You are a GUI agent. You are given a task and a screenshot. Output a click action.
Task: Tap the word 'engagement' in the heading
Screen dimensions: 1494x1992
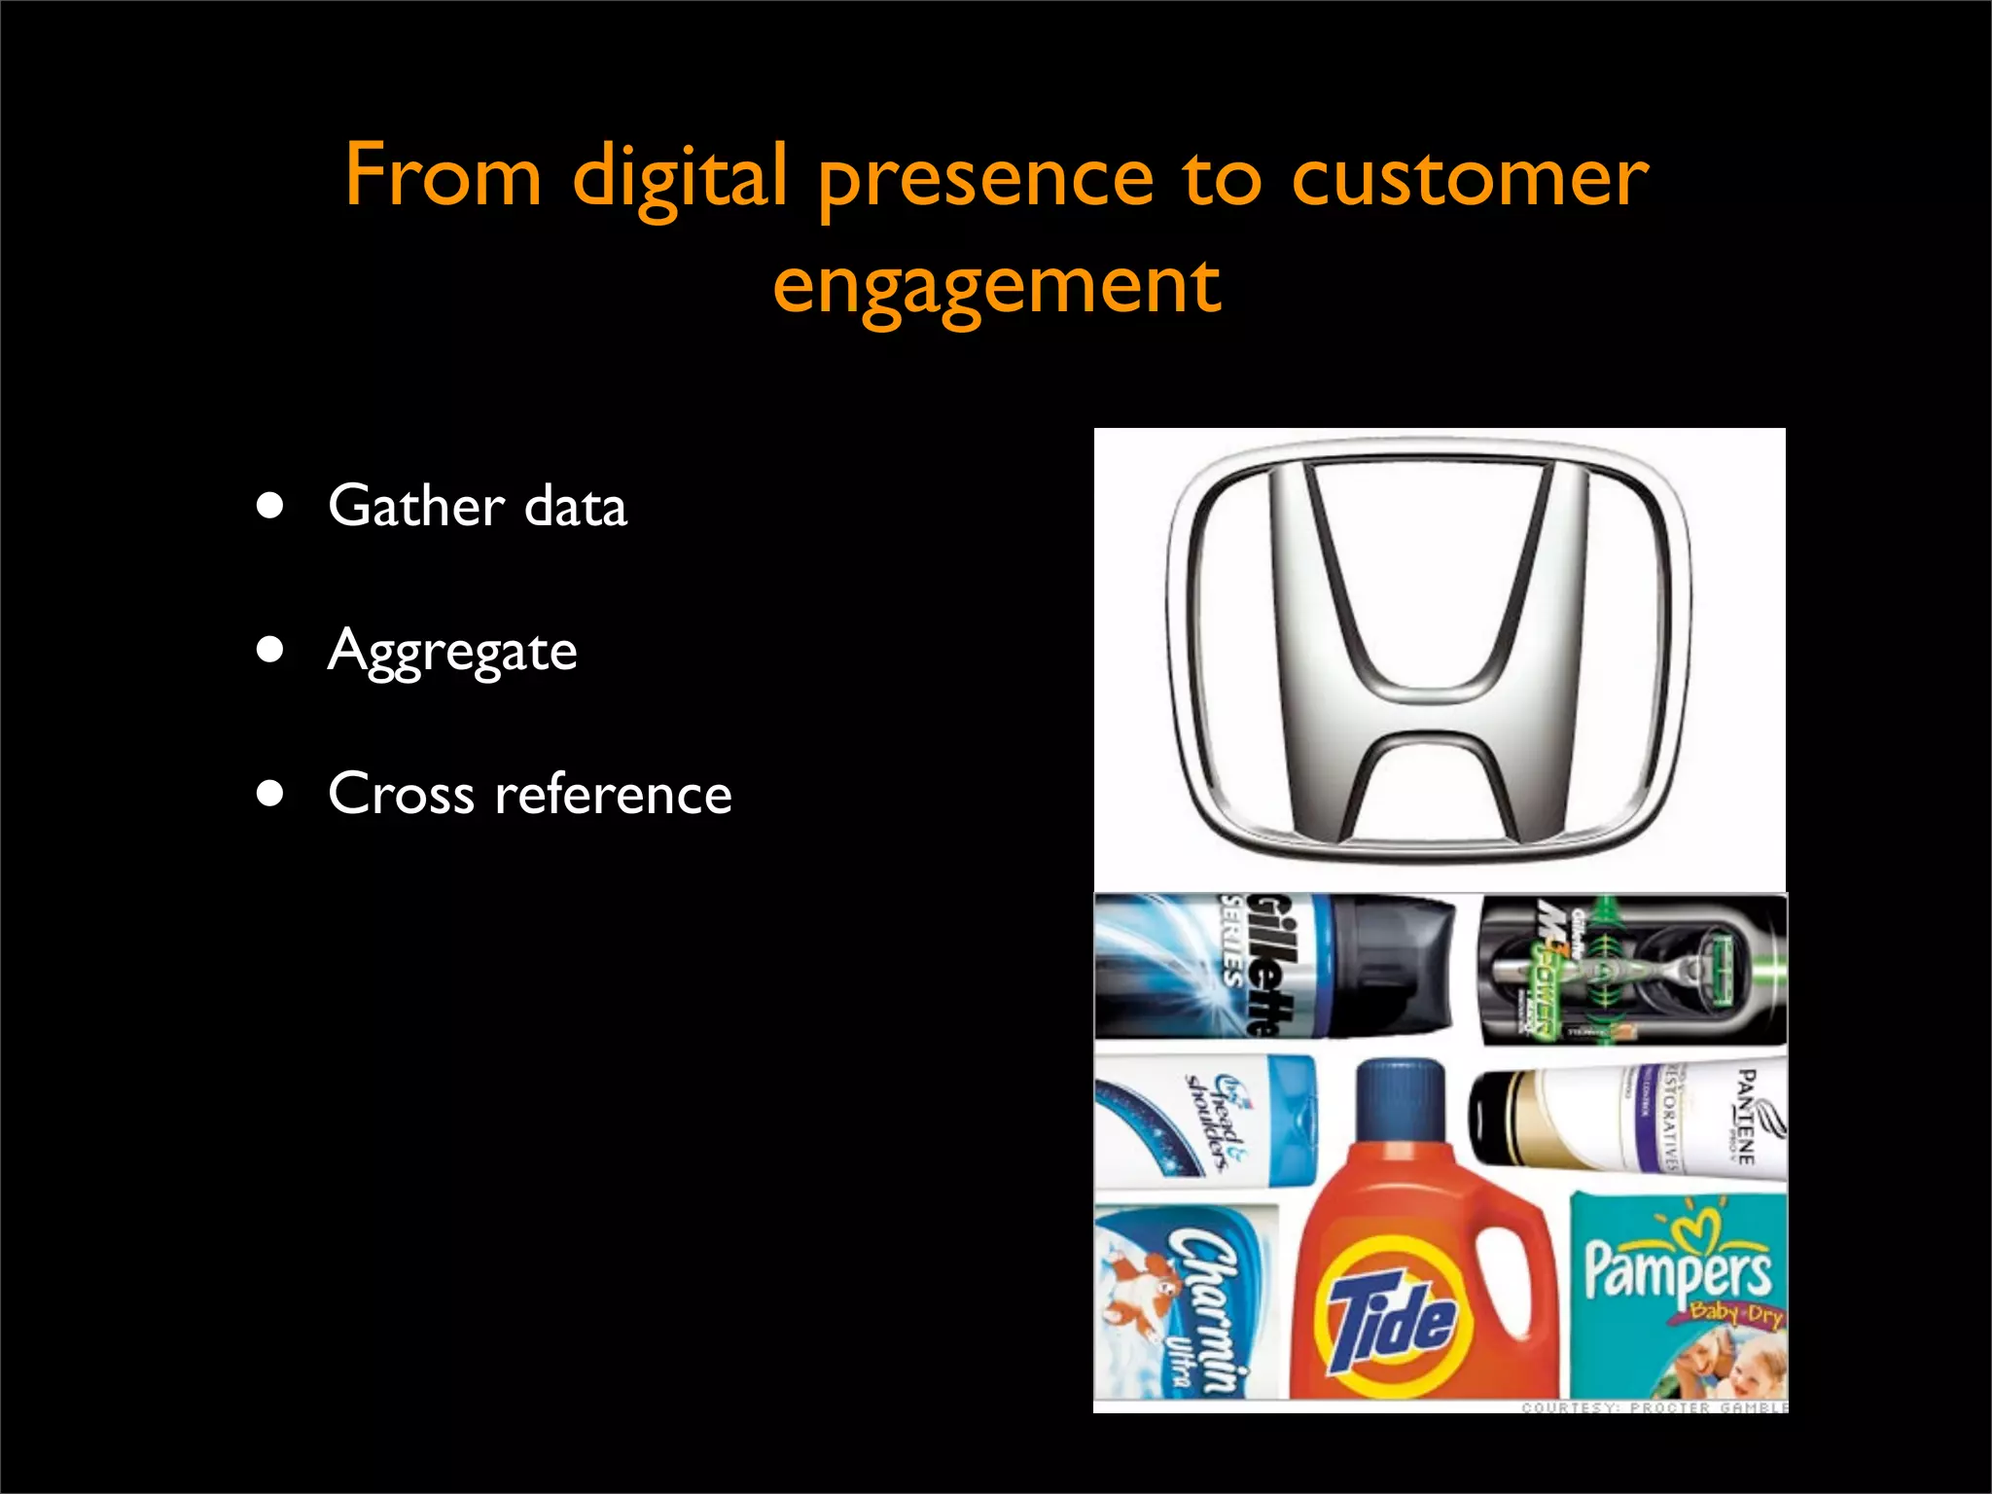pos(996,286)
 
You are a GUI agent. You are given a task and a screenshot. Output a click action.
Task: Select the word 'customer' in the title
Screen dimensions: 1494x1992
pos(1470,177)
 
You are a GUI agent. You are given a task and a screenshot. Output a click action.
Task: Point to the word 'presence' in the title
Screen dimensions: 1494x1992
pos(985,181)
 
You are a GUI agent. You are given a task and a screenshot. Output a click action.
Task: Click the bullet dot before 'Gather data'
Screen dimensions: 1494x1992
pos(270,506)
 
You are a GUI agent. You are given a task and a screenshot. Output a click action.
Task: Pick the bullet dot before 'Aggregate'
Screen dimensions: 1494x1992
pos(270,649)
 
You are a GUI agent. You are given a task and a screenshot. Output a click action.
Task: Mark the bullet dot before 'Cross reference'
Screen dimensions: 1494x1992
pos(270,793)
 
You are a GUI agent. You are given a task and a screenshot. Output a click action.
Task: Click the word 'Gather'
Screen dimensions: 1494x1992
pos(416,506)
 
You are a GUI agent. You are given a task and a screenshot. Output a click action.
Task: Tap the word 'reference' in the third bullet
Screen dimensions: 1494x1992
pos(613,794)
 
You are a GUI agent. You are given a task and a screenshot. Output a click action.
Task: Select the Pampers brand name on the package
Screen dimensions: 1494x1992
pos(1678,1269)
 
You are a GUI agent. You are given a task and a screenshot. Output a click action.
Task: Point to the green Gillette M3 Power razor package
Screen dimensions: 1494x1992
pos(1632,970)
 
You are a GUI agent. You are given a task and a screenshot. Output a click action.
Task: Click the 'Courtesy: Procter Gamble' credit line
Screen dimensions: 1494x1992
pos(1654,1406)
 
